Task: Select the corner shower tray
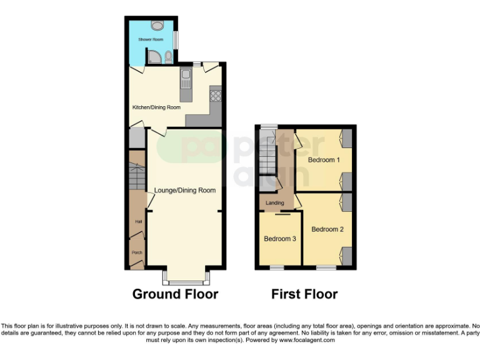[x=154, y=58]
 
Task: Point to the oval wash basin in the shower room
[x=157, y=25]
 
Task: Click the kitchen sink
[x=186, y=79]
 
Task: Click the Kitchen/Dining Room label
[x=156, y=107]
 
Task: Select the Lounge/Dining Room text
[x=185, y=191]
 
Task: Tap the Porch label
[x=136, y=253]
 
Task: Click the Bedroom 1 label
[x=324, y=160]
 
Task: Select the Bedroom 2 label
[x=327, y=229]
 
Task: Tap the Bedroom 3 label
[x=279, y=239]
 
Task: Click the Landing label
[x=275, y=203]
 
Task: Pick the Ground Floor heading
[x=175, y=294]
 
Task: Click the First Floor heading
[x=304, y=294]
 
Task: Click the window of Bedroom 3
[x=277, y=268]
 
